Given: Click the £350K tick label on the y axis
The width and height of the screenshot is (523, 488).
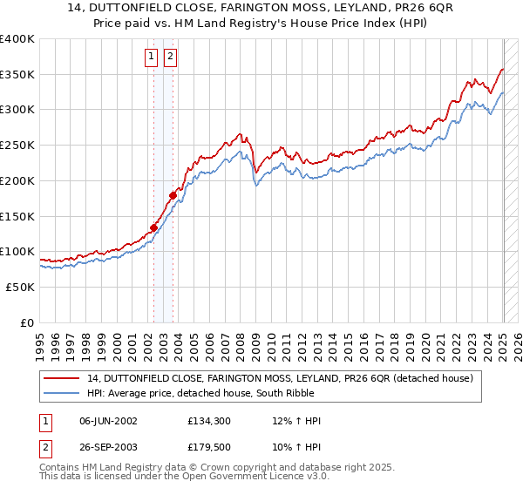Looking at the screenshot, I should pos(17,75).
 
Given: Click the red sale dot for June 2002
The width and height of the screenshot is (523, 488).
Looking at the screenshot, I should pos(153,228).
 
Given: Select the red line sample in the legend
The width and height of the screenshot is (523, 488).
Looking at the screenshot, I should pos(62,378).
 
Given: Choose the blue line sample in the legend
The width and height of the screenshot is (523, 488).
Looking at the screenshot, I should pos(62,393).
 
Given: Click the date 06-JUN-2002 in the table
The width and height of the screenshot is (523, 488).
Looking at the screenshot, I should pos(108,421).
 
